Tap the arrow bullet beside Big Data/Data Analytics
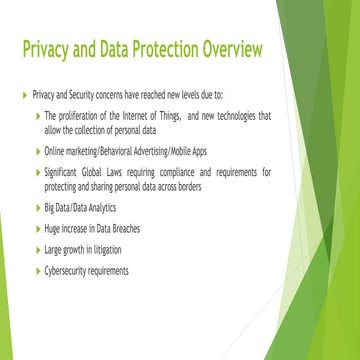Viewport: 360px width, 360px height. point(37,207)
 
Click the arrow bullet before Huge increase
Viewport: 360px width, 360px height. point(37,228)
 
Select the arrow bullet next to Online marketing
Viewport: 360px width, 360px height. point(37,151)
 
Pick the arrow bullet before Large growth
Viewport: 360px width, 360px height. point(37,249)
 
